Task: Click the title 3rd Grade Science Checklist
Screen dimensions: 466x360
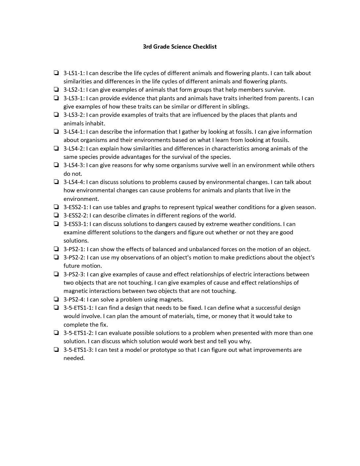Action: point(180,47)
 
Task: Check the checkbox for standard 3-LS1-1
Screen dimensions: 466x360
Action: point(57,73)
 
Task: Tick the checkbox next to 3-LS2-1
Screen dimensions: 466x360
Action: point(57,89)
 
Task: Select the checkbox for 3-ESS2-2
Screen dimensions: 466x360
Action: point(57,215)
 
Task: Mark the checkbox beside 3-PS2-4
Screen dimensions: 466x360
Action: point(57,299)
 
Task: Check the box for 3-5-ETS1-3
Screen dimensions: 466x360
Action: point(57,349)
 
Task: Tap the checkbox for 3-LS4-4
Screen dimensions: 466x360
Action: point(57,182)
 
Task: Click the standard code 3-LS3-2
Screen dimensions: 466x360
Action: point(74,115)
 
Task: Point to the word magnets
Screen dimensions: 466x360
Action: point(172,300)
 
